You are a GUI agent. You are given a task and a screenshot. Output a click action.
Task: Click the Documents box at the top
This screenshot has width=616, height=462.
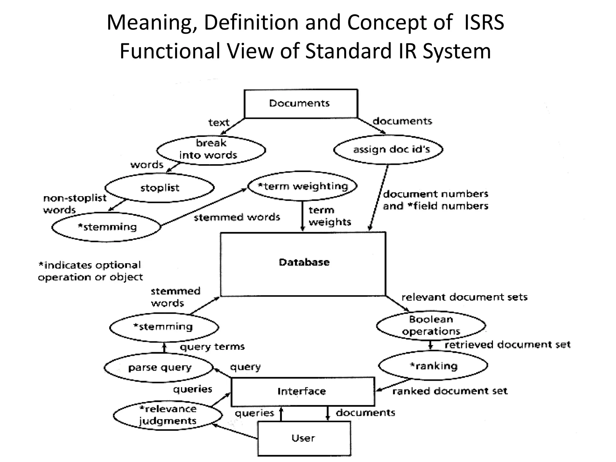[x=301, y=103]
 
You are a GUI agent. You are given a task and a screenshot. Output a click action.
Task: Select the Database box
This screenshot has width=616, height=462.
[x=303, y=264]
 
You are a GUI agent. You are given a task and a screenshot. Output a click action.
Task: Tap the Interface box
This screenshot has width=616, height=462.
[x=303, y=391]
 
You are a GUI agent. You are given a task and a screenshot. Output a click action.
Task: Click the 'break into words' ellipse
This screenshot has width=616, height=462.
[x=211, y=149]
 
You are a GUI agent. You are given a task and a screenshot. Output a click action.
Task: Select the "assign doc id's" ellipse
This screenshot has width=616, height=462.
[x=388, y=149]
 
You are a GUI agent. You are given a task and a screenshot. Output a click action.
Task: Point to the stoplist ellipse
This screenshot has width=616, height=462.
[x=159, y=188]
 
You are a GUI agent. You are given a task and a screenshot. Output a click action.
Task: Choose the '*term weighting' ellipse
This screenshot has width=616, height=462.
[x=302, y=186]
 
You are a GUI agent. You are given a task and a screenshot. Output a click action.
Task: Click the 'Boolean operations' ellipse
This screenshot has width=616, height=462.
[x=431, y=325]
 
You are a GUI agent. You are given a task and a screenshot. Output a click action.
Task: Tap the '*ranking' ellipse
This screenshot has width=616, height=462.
[x=433, y=366]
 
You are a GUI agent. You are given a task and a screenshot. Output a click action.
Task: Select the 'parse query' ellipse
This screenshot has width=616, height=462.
[x=159, y=368]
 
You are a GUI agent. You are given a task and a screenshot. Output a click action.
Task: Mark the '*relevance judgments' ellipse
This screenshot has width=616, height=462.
[x=168, y=415]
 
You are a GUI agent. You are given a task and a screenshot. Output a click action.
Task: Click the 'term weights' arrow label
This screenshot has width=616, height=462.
[x=330, y=216]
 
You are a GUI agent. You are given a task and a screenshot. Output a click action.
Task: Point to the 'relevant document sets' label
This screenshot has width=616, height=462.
[x=464, y=297]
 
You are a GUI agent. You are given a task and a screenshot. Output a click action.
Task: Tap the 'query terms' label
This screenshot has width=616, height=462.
[x=212, y=347]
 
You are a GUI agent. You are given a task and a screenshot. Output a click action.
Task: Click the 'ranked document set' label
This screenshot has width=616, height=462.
[x=450, y=391]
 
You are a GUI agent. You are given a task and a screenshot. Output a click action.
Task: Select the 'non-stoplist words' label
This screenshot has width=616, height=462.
[x=74, y=204]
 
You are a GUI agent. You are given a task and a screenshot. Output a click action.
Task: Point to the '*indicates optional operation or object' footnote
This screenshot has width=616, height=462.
[x=90, y=271]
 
